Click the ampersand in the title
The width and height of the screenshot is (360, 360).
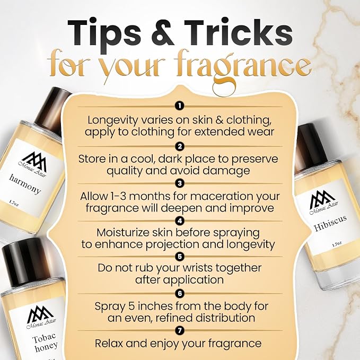pos(162,32)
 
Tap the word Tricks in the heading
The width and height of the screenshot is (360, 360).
pos(238,32)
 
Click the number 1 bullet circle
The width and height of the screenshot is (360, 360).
pos(180,106)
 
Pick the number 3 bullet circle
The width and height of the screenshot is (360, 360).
pos(180,183)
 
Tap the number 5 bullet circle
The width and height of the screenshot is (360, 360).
pos(180,257)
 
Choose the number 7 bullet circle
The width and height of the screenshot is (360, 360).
pos(180,331)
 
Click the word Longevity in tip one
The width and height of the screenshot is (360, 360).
pos(112,120)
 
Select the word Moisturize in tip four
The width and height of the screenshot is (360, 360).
pos(123,233)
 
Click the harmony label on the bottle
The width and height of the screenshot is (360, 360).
pos(25,184)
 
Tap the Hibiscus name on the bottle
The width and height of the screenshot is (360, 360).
pos(330,223)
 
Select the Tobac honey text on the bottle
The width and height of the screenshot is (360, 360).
pos(44,343)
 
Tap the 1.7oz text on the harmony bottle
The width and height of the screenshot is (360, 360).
pos(14,204)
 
